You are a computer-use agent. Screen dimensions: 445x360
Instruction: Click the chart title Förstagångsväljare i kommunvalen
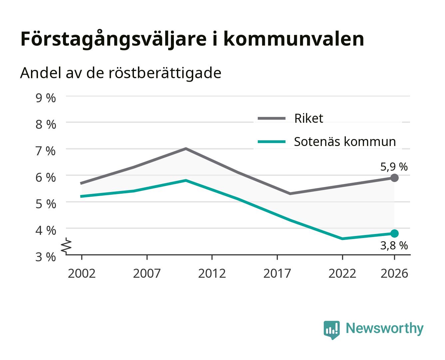[192, 39]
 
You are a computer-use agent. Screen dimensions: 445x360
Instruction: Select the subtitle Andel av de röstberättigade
[121, 73]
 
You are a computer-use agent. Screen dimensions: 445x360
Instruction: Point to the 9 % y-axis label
[46, 98]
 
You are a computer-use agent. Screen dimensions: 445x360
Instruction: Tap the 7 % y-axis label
[46, 151]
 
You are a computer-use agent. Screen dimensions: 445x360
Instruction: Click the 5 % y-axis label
[46, 204]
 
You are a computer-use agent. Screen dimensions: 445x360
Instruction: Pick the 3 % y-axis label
[46, 257]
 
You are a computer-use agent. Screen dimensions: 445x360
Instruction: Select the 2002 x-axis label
[82, 273]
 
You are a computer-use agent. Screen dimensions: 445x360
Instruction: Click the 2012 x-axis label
[212, 273]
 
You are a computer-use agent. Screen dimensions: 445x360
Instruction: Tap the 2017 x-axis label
[277, 273]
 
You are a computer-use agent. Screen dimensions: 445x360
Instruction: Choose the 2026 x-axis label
[394, 273]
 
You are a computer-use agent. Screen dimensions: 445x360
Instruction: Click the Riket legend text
[308, 118]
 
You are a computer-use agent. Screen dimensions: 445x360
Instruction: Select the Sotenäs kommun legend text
[345, 142]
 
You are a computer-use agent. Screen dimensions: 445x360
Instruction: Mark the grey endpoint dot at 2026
[394, 178]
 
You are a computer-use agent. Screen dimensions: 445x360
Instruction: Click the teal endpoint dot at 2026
[394, 233]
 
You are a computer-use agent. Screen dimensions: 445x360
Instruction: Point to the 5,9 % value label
[394, 167]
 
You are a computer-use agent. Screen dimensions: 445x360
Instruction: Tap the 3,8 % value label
[394, 245]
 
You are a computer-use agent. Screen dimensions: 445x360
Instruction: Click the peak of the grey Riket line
[186, 148]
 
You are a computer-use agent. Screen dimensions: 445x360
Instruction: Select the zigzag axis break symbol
[66, 246]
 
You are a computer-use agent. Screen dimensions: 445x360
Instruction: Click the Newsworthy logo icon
[331, 330]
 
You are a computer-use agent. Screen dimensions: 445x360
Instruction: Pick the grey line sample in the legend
[271, 118]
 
